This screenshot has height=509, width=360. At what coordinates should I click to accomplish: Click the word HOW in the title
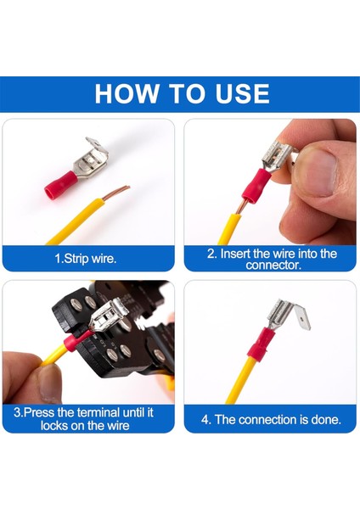coord(126,94)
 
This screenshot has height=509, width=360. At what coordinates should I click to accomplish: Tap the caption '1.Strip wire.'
coord(85,259)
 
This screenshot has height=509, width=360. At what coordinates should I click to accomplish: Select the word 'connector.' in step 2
coord(273,266)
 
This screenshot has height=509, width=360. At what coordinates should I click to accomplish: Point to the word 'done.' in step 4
coord(326,420)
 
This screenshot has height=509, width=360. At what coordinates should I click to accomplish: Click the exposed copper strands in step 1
coord(116,193)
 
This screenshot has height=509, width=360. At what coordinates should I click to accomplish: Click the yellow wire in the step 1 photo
coord(76,221)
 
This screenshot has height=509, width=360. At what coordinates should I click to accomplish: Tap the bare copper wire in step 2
coord(241,206)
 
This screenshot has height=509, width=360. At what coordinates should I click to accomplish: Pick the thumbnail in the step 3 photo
coord(49,383)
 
